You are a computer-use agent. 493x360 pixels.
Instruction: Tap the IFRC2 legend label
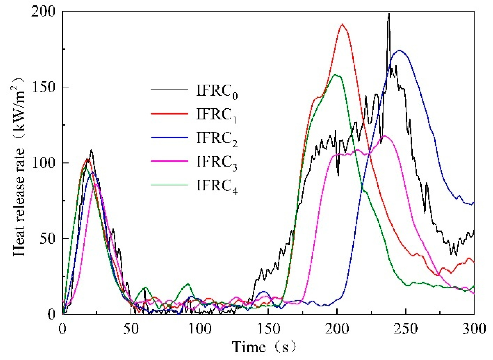coord(217,139)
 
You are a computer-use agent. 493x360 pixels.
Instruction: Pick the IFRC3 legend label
coord(217,162)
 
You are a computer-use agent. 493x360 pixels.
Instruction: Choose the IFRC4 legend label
coord(217,186)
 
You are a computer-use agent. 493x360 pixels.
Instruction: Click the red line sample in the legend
coord(169,114)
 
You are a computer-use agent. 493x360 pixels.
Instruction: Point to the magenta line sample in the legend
coord(169,161)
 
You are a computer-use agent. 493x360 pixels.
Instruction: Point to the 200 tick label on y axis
coord(43,11)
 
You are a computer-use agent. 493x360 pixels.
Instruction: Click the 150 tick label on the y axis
coord(43,87)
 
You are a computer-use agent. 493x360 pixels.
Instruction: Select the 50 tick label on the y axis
coord(47,239)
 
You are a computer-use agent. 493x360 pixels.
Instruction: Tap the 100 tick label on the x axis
coord(200,329)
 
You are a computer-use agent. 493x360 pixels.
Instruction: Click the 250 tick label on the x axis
coord(406,329)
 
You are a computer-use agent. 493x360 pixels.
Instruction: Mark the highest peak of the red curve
coord(342,24)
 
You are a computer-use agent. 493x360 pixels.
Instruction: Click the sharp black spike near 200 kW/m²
coord(389,14)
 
